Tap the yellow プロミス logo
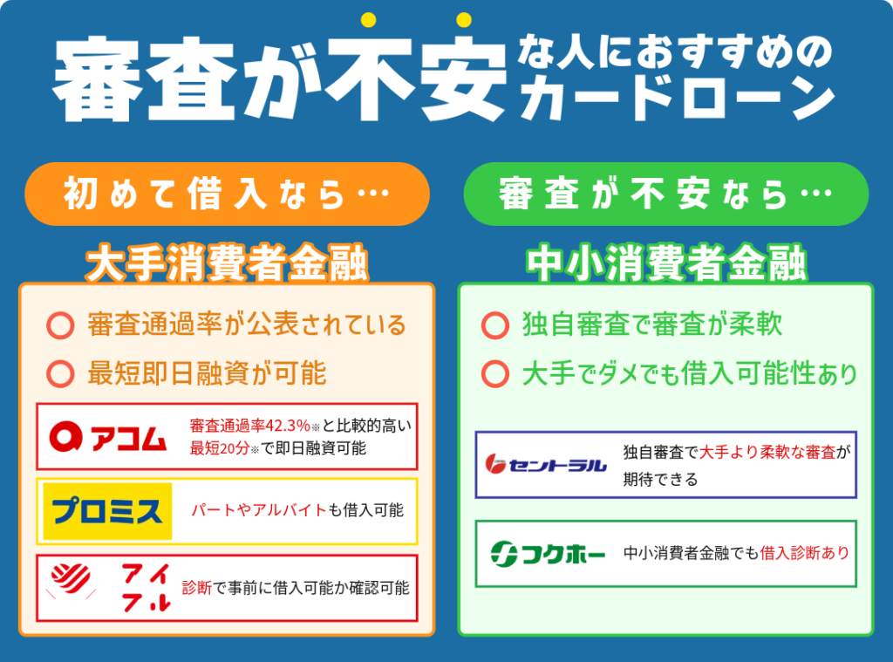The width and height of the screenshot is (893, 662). (x=107, y=510)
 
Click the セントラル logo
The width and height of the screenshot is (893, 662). (x=546, y=465)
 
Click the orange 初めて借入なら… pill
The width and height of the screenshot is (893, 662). (x=227, y=194)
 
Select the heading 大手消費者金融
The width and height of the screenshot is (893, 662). (x=227, y=263)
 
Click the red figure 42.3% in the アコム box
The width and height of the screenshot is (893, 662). (x=285, y=426)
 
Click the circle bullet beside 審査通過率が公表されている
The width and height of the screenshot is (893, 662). (x=60, y=326)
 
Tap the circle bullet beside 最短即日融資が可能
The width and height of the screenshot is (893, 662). (x=60, y=374)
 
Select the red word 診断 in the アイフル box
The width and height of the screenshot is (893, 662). (x=197, y=587)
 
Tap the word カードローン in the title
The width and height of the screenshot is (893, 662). (x=676, y=99)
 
